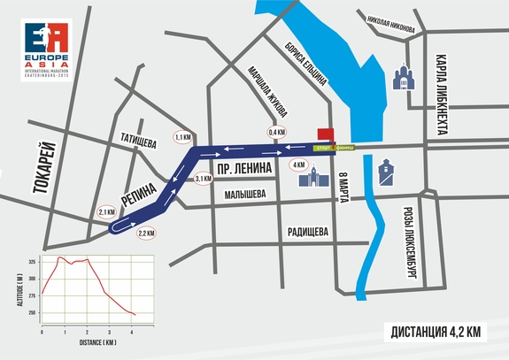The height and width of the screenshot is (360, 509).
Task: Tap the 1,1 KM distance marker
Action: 183,138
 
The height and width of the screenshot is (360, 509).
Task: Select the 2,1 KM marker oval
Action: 106,212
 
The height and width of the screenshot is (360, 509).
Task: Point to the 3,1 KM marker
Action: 201,179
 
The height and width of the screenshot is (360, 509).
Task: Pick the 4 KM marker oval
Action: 299,165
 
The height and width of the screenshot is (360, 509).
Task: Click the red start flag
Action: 325,134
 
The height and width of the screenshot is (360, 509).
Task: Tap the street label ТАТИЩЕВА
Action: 138,142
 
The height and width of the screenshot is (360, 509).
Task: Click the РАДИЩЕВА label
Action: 308,232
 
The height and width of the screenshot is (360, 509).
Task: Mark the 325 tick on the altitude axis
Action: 32,262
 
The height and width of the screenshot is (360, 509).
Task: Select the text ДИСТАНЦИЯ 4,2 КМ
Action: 436,333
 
